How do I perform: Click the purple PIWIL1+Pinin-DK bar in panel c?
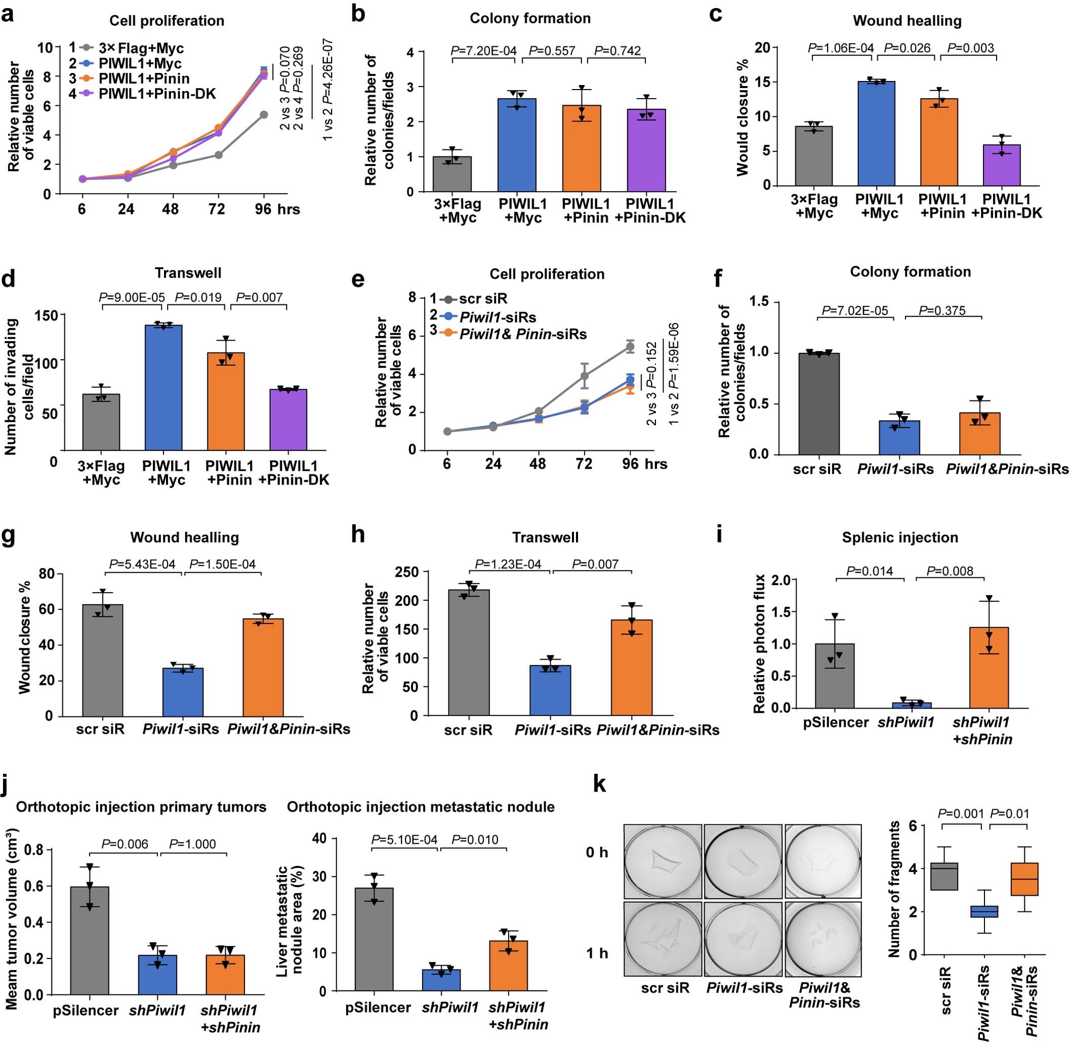[x=1002, y=165]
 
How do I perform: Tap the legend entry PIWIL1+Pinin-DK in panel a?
[x=157, y=94]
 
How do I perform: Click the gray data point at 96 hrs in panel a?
[x=264, y=114]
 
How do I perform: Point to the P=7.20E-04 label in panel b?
[x=483, y=51]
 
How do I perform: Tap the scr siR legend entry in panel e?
[x=483, y=299]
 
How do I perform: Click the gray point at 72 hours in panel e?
[x=585, y=376]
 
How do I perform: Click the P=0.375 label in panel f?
[x=942, y=311]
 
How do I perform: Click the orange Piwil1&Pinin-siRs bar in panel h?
[x=632, y=667]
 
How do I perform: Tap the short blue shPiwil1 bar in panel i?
[x=912, y=705]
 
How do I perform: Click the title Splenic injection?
[x=900, y=537]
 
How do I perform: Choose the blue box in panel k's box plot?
[x=984, y=911]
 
